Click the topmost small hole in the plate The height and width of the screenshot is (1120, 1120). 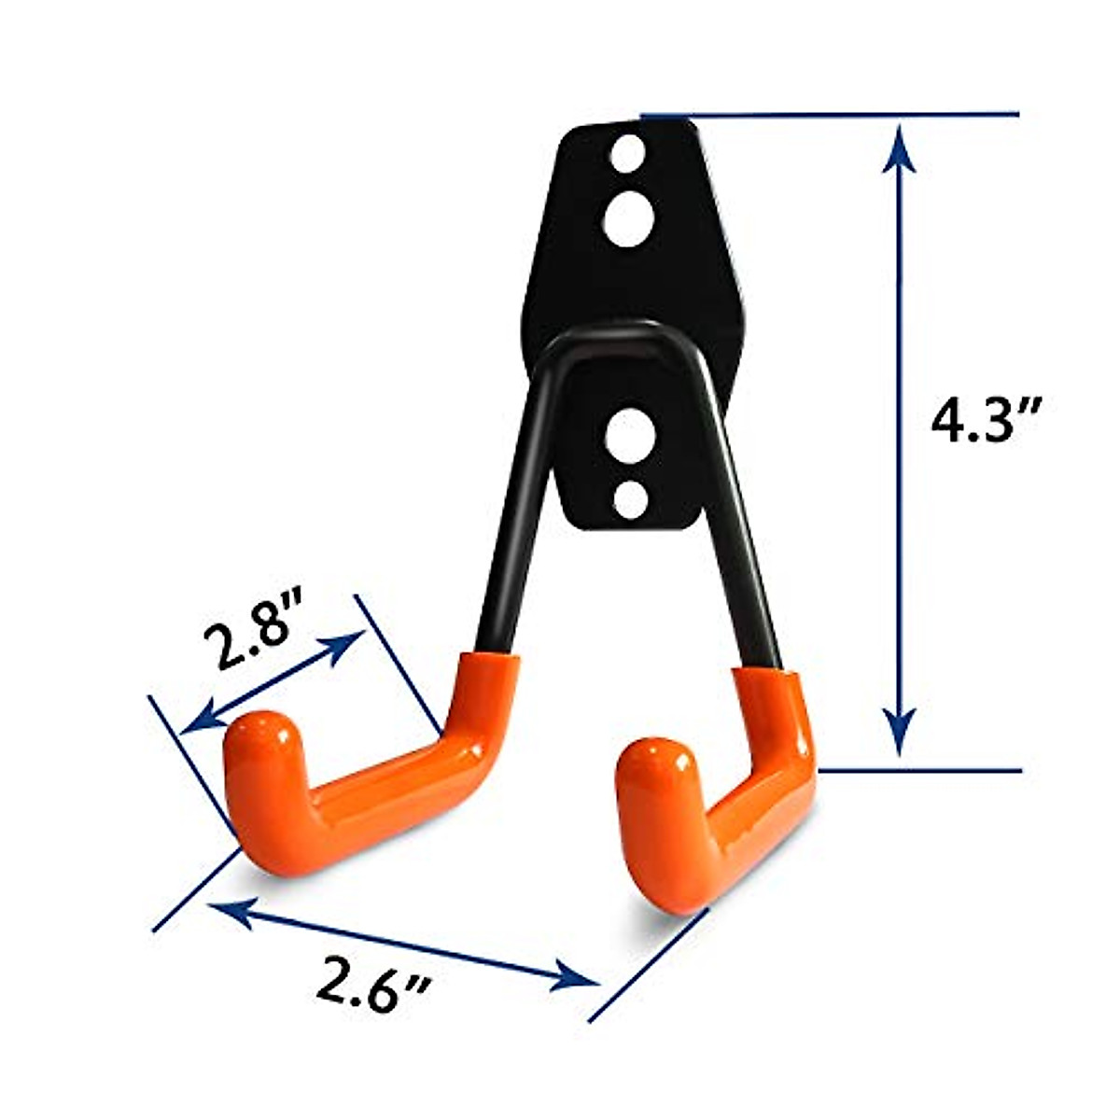click(x=630, y=152)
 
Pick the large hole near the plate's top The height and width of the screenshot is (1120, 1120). click(x=628, y=218)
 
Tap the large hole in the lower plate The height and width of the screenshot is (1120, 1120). click(x=631, y=435)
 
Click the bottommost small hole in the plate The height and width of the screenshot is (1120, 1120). click(x=632, y=499)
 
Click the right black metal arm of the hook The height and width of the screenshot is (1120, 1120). click(x=737, y=523)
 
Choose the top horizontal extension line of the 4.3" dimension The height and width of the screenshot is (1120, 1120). click(x=831, y=116)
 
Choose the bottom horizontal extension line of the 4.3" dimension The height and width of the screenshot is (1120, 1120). click(x=919, y=770)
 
